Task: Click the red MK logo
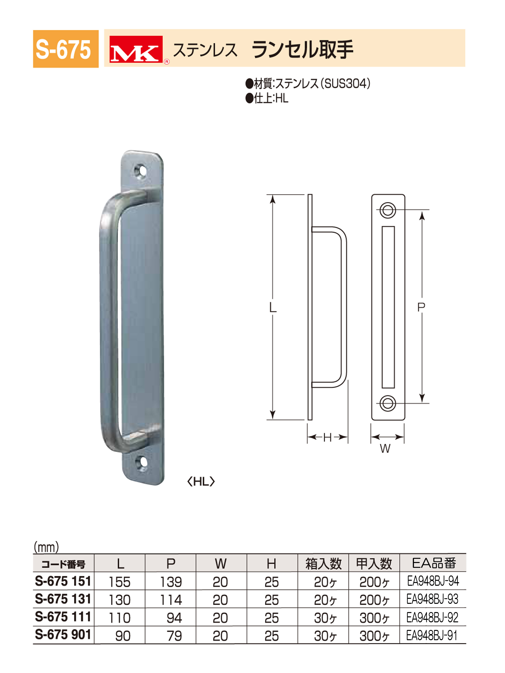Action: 136,49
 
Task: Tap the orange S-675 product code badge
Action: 66,49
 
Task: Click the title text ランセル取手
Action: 302,49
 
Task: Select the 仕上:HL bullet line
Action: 267,98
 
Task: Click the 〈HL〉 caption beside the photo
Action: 201,482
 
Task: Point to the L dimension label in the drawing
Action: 273,308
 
